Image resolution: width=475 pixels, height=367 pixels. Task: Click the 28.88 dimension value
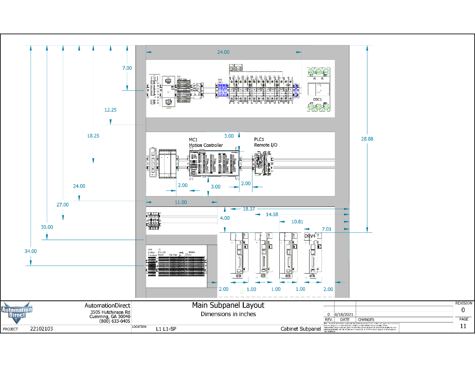(367, 139)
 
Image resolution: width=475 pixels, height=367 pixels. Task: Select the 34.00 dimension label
(31, 251)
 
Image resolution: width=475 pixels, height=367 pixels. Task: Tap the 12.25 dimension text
(110, 110)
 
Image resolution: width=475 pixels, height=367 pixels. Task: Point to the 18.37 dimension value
(249, 209)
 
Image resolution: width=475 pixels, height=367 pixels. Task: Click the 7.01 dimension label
(327, 229)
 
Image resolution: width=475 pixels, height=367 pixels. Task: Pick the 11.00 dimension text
(181, 202)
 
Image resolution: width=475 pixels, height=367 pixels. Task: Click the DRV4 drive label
(310, 236)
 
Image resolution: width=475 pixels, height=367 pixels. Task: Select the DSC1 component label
(317, 99)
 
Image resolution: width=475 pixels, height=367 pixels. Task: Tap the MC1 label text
(193, 140)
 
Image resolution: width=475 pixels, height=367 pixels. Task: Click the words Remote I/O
(265, 145)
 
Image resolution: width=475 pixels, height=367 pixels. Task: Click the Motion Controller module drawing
(214, 163)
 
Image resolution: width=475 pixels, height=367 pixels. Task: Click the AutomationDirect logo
(17, 312)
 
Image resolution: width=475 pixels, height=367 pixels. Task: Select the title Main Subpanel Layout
(228, 305)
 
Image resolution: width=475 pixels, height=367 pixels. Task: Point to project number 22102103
(42, 329)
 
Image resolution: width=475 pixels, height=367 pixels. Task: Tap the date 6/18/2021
(344, 315)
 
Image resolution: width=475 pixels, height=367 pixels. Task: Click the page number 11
(463, 326)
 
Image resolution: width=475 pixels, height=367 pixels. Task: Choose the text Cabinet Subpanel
(300, 329)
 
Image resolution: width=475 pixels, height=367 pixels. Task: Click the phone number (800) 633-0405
(115, 321)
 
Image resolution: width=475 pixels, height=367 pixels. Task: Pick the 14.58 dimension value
(272, 215)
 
